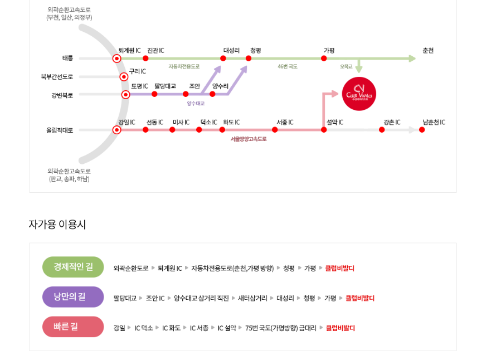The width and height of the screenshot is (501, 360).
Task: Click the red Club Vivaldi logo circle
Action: click(x=359, y=94)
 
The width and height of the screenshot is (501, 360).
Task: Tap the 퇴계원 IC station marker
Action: click(x=116, y=58)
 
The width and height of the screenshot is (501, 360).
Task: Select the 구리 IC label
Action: click(x=137, y=71)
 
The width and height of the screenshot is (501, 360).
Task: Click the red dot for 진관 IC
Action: click(x=145, y=58)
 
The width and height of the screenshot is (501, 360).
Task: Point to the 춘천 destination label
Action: click(x=427, y=51)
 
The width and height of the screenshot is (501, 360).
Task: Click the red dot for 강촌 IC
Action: click(x=382, y=130)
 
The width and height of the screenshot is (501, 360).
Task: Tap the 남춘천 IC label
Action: click(x=434, y=122)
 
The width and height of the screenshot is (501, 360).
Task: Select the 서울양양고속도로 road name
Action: click(x=249, y=139)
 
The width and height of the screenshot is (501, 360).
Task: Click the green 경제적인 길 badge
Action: click(x=73, y=267)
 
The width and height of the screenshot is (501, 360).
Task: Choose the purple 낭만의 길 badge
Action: click(x=73, y=297)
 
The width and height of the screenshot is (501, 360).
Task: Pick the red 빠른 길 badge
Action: click(x=73, y=327)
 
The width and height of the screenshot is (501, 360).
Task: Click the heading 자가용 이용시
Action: click(x=57, y=225)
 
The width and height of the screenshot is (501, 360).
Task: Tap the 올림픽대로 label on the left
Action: click(x=60, y=130)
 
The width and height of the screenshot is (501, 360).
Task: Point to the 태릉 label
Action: click(x=67, y=58)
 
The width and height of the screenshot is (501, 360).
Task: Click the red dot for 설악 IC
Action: click(x=324, y=130)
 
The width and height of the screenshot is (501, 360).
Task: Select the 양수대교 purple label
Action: click(x=196, y=104)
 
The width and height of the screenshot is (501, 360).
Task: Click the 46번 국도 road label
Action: click(x=288, y=66)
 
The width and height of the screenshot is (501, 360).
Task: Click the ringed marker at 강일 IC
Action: click(x=116, y=130)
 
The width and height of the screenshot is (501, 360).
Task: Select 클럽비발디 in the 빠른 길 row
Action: click(x=340, y=328)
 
